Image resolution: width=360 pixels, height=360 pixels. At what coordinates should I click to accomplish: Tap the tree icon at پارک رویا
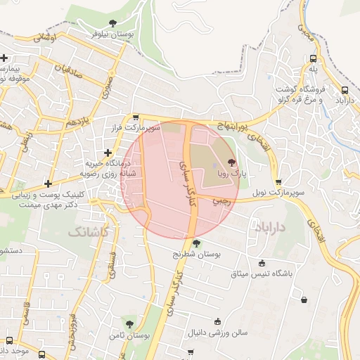[233, 162]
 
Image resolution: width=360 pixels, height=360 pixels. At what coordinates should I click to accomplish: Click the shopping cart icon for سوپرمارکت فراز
[135, 118]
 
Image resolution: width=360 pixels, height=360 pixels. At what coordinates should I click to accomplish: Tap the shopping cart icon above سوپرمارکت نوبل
[279, 181]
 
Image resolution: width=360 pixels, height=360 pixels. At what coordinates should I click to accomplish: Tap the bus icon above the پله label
[313, 59]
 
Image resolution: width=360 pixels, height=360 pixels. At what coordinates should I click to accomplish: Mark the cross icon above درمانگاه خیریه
[108, 153]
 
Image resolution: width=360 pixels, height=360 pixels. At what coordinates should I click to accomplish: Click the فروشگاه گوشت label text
[304, 87]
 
